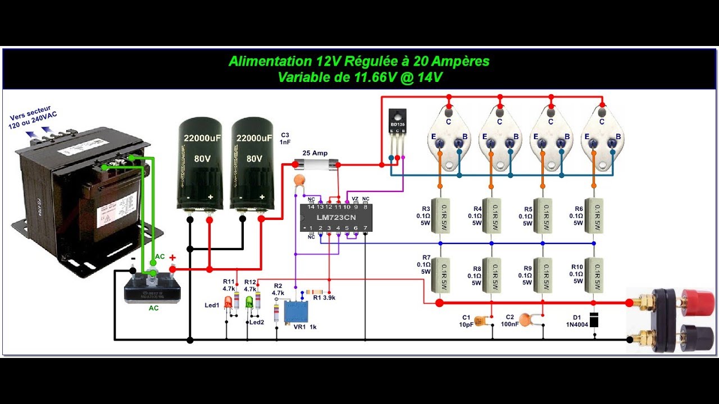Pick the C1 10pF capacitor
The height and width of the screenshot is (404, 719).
click(x=479, y=320)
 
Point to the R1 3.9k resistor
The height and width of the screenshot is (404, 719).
click(x=313, y=292)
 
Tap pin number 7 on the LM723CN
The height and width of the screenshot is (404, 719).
click(x=365, y=228)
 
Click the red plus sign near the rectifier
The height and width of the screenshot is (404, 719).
click(x=172, y=258)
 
